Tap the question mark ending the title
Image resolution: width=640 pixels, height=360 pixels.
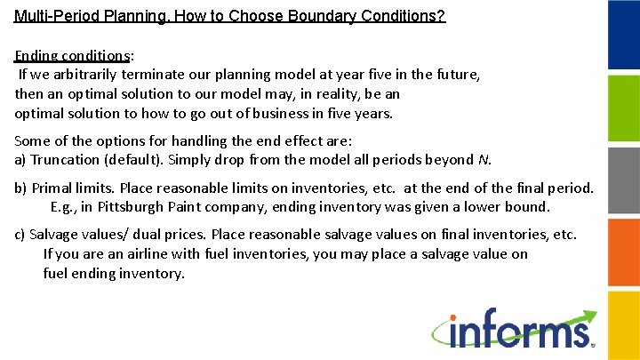point(441,17)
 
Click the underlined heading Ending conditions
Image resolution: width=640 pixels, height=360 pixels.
point(71,55)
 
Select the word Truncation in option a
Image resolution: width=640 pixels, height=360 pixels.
point(65,160)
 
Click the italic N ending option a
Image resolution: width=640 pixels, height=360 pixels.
point(483,160)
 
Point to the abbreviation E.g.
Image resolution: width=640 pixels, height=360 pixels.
point(64,207)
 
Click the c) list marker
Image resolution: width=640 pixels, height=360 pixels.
point(20,235)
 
